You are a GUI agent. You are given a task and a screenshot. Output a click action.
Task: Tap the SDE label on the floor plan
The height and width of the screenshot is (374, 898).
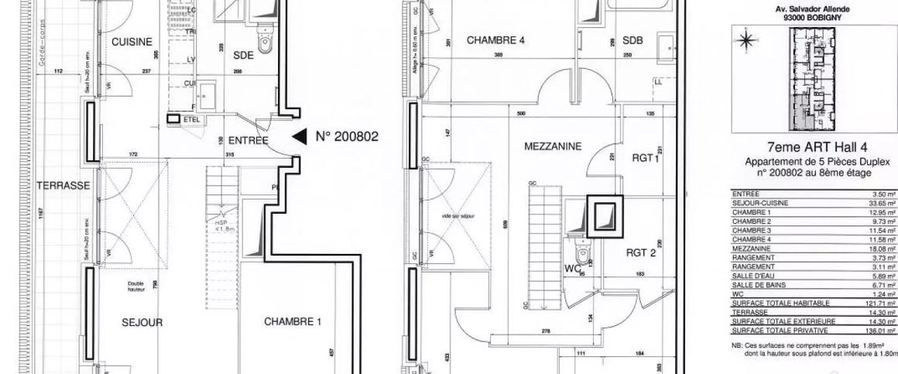243,56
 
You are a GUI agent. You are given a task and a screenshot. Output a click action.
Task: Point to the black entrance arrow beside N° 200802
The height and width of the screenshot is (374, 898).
299,137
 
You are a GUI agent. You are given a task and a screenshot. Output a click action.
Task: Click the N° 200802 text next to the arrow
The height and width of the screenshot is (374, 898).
347,137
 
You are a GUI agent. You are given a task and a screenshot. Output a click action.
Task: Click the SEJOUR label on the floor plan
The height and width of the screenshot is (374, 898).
142,323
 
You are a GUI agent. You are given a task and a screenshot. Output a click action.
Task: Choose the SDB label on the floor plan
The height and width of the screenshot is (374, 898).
632,40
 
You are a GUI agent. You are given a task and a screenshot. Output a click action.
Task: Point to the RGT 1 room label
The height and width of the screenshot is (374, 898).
645,158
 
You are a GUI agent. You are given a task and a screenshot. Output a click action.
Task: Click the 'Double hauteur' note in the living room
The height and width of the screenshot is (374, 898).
135,286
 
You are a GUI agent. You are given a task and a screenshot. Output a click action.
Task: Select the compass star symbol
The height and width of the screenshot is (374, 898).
745,40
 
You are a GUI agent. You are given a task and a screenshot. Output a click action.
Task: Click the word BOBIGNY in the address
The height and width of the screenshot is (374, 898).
828,17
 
